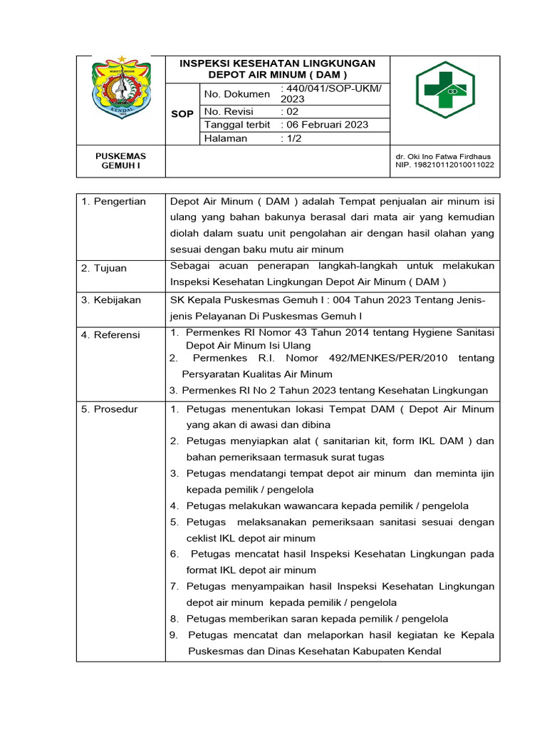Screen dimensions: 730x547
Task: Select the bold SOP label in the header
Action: pos(183,114)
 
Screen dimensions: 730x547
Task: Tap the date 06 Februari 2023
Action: pos(325,125)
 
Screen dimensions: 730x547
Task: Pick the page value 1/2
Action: pos(291,138)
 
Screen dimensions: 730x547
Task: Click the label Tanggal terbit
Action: pos(237,125)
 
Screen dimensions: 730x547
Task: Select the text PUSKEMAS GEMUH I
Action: pos(121,161)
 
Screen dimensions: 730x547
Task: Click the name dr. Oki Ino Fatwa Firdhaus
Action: pos(443,157)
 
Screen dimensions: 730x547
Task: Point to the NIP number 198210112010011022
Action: pos(444,165)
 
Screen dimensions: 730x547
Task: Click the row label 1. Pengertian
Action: pos(113,202)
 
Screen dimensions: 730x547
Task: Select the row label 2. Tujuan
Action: pos(104,268)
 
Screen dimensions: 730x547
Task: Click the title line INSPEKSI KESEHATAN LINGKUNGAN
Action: pos(277,63)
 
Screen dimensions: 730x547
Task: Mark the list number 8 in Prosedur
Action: pos(173,619)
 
